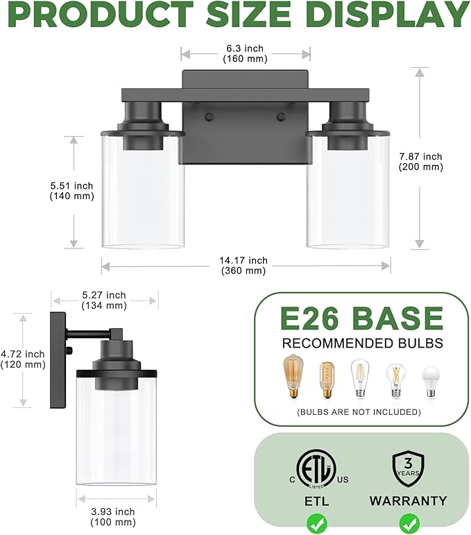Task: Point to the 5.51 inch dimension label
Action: click(72, 191)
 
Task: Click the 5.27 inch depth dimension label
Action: click(103, 300)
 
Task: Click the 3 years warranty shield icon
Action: click(408, 468)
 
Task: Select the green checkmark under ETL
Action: click(316, 521)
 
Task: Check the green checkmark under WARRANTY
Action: click(408, 521)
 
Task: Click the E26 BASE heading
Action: click(361, 319)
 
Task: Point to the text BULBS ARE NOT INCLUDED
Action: click(359, 411)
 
